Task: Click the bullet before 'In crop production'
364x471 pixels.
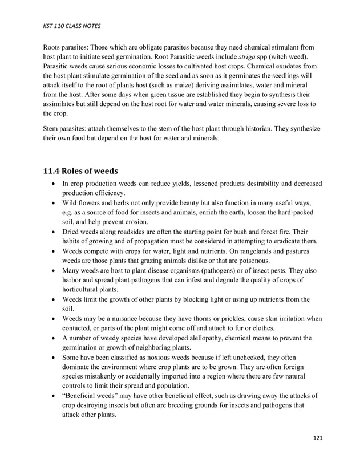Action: [x=53, y=184]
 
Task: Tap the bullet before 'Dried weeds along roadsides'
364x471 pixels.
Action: [x=53, y=232]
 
